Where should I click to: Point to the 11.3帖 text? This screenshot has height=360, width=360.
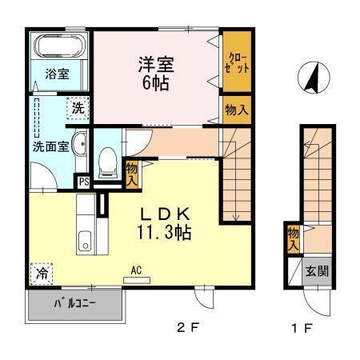(x=165, y=234)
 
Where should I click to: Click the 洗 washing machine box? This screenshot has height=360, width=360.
(x=78, y=107)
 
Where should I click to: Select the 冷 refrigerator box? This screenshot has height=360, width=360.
(x=41, y=274)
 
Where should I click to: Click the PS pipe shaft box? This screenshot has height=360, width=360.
(x=82, y=182)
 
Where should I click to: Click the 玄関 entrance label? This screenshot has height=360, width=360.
(x=317, y=271)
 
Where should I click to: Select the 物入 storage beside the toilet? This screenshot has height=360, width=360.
(x=132, y=174)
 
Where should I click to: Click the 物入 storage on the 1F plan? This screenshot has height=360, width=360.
(x=294, y=238)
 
